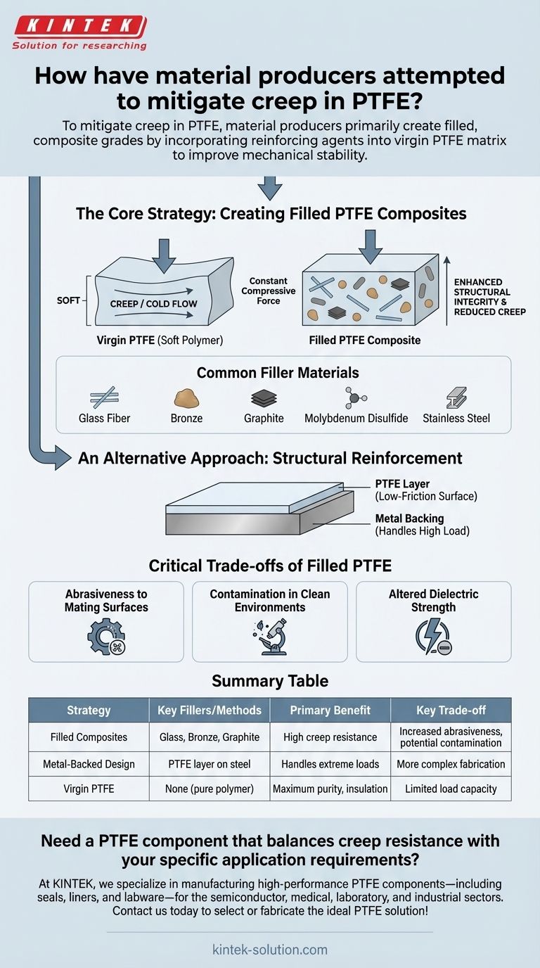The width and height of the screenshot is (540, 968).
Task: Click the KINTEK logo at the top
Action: pyautogui.click(x=79, y=27)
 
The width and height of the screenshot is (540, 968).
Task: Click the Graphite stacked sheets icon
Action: pyautogui.click(x=264, y=399)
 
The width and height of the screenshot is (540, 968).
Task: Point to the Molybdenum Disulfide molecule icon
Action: pyautogui.click(x=355, y=397)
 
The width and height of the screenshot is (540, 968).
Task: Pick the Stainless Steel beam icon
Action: pyautogui.click(x=456, y=398)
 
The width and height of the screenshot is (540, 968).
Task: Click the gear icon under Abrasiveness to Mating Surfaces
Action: pyautogui.click(x=105, y=636)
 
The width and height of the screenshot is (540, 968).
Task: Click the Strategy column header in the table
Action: pyautogui.click(x=89, y=710)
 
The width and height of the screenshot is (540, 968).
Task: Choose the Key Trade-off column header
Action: pyautogui.click(x=451, y=710)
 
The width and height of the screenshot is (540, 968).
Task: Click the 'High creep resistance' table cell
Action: pyautogui.click(x=330, y=737)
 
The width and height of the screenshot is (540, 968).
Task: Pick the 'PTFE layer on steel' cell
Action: pyautogui.click(x=210, y=763)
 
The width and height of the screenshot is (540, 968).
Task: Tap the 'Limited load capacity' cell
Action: pyautogui.click(x=451, y=789)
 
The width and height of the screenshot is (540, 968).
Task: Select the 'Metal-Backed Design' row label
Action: pyautogui.click(x=89, y=763)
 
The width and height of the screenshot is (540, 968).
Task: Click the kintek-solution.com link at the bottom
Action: pyautogui.click(x=270, y=949)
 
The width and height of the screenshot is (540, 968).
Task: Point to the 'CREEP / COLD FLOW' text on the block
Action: pyautogui.click(x=153, y=304)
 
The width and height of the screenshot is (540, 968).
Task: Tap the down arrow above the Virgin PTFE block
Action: pyautogui.click(x=164, y=255)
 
